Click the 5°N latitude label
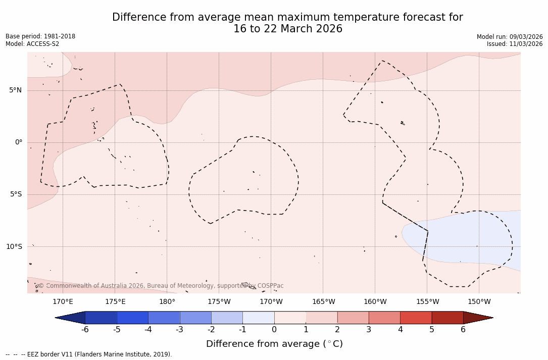pos(15,90)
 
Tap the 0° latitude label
pos(19,142)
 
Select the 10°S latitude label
pos(14,247)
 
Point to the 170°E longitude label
pos(63,302)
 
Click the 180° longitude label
pos(167,302)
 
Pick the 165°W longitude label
pos(323,302)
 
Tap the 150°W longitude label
pos(479,302)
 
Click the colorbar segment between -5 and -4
pos(132,318)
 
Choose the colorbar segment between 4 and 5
pos(416,318)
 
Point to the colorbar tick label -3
pos(179,330)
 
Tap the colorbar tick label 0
pos(274,330)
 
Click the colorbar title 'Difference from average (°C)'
pos(274,344)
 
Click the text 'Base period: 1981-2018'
pos(40,36)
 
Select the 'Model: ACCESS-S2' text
pos(32,44)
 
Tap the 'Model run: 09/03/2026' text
pos(510,37)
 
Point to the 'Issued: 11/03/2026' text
pos(515,44)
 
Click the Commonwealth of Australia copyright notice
pos(161,286)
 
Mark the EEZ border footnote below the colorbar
pos(89,354)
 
